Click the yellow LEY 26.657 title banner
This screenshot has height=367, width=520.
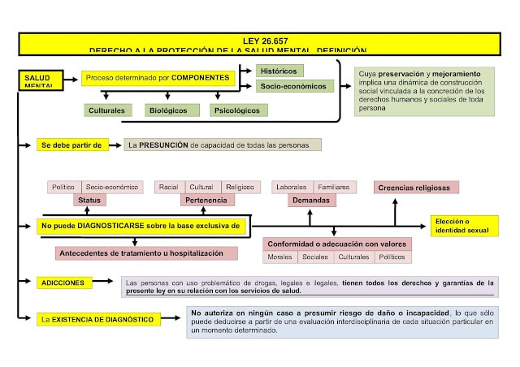pos(260,44)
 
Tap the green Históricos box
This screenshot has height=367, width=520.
pos(279,71)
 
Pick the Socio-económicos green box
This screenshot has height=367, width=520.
pos(293,85)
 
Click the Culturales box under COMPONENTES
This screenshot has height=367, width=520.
pos(106,110)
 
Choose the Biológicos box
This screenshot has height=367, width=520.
pos(167,110)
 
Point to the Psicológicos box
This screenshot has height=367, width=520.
pos(236,110)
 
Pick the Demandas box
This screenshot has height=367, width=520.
pos(311,200)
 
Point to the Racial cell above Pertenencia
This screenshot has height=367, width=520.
pos(169,187)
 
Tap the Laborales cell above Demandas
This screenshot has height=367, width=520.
pos(291,187)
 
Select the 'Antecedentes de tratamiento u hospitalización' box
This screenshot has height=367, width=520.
pos(146,253)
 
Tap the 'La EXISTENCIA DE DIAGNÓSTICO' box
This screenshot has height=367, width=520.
pos(98,319)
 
